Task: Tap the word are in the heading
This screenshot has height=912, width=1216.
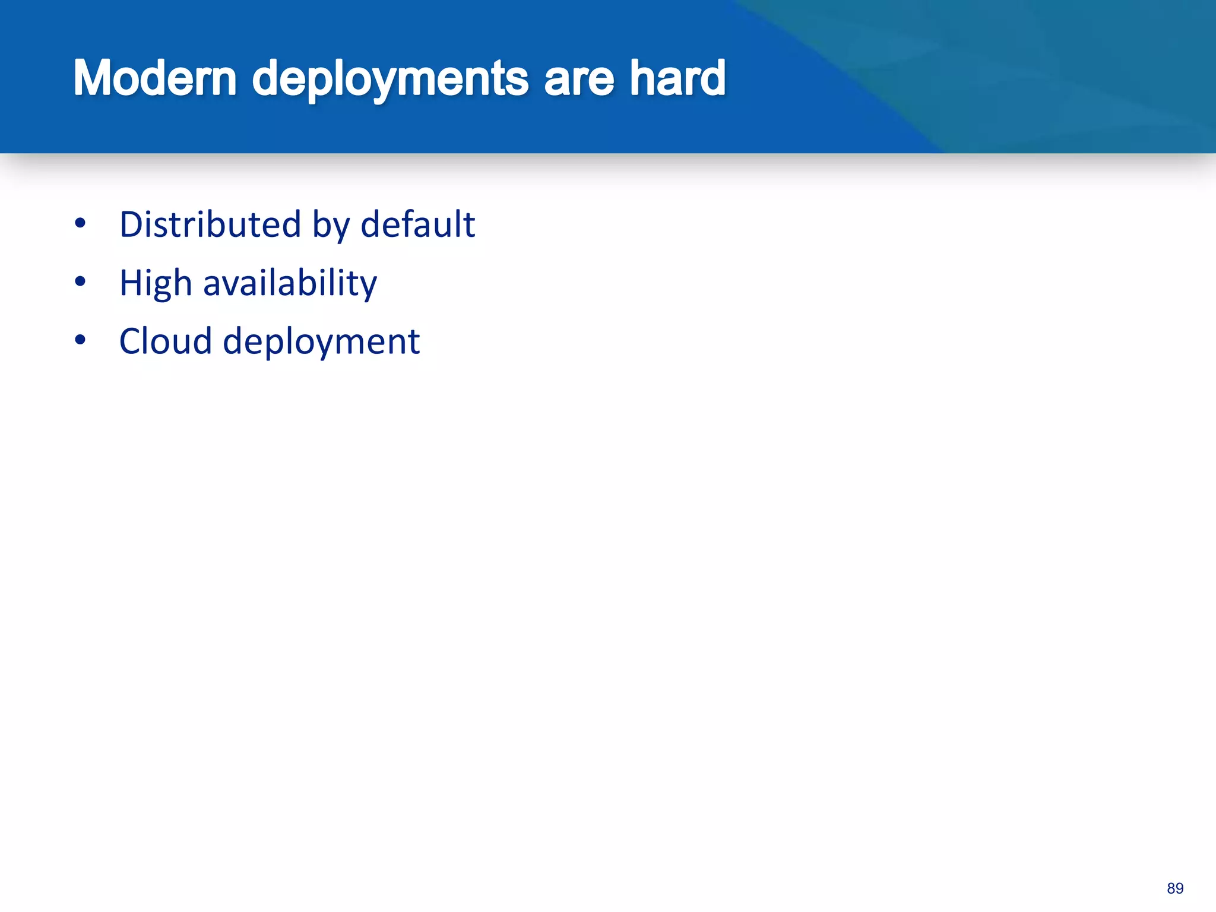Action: (x=578, y=79)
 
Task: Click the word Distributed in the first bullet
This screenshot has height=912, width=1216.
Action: (x=210, y=224)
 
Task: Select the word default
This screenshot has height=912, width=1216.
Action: (x=417, y=224)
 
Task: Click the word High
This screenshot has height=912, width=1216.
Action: (x=156, y=284)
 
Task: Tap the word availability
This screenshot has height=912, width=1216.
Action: (x=290, y=283)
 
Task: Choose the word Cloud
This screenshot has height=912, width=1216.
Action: (x=166, y=341)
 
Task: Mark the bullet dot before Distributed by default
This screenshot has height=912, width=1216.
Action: (x=81, y=224)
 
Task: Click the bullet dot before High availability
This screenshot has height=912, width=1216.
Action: (x=81, y=282)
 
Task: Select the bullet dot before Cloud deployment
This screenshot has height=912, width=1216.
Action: (x=81, y=340)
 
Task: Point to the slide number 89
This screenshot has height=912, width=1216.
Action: (x=1174, y=888)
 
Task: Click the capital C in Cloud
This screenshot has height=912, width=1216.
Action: (x=132, y=341)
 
